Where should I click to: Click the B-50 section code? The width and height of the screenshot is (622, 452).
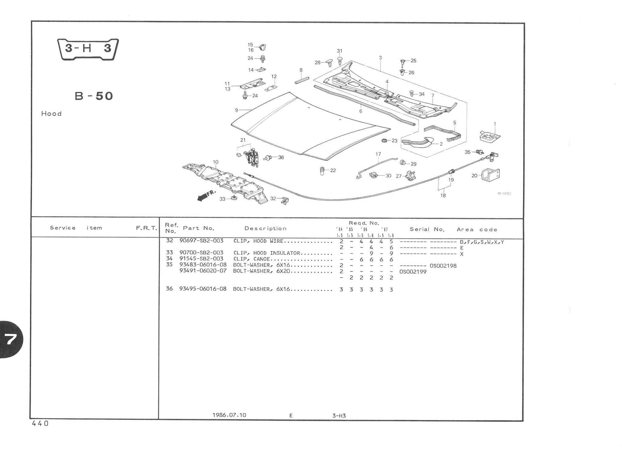coord(94,96)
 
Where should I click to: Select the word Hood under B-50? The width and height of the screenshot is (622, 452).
coord(51,114)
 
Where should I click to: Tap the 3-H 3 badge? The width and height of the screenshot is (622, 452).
coord(88,49)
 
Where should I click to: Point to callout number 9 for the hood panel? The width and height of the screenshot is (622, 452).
coord(236,110)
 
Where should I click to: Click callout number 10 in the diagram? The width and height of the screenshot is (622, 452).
coord(215,162)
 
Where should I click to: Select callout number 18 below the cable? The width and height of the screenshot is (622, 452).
coord(443,195)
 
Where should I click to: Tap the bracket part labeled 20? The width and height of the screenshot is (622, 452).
coord(490,175)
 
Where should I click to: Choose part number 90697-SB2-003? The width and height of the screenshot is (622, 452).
coord(201,241)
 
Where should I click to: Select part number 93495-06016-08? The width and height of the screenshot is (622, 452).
coord(203,289)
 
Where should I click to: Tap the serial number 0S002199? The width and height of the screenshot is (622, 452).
coord(413,272)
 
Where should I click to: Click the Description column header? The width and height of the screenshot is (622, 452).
coord(265,229)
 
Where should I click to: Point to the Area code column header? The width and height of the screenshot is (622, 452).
coord(477,229)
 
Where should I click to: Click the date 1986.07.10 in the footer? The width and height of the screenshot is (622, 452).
coord(229,415)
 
